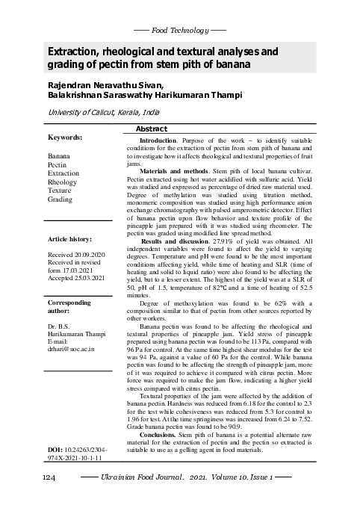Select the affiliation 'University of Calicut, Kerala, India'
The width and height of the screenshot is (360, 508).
click(x=104, y=111)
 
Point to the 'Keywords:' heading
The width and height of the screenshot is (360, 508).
click(x=65, y=138)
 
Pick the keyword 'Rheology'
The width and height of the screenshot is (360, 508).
click(x=62, y=182)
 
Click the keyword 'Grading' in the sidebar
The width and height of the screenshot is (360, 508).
click(x=60, y=200)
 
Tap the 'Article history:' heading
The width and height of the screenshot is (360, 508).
click(x=69, y=239)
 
